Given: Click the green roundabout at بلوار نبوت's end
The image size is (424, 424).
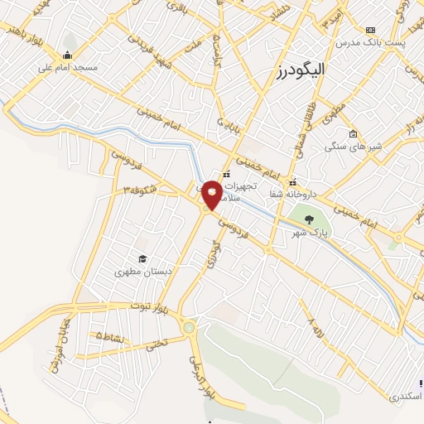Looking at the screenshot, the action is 190,328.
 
